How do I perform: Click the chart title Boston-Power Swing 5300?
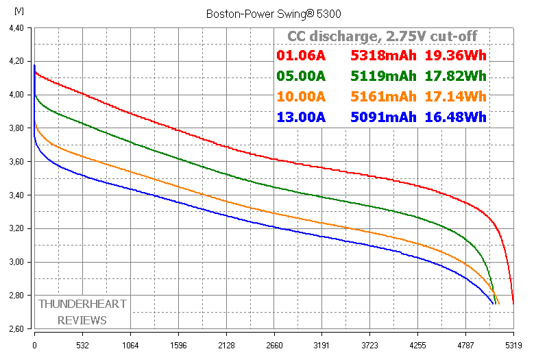point(273,13)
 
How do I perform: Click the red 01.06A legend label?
point(301,56)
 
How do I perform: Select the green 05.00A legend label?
point(301,76)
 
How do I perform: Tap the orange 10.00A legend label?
point(301,96)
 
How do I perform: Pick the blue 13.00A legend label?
point(301,117)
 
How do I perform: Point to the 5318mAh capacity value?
point(383,56)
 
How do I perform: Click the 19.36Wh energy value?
point(456,56)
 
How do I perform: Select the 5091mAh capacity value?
point(383,117)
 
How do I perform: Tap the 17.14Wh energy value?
point(456,96)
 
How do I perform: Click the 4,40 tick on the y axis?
point(15,28)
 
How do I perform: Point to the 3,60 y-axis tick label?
point(15,162)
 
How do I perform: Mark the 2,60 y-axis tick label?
point(15,329)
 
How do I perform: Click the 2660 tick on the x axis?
point(273,345)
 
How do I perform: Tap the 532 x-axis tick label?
point(82,345)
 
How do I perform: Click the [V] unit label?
point(18,12)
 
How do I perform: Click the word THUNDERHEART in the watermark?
point(82,304)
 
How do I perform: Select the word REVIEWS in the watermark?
point(82,320)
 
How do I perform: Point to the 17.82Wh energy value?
point(456,76)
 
